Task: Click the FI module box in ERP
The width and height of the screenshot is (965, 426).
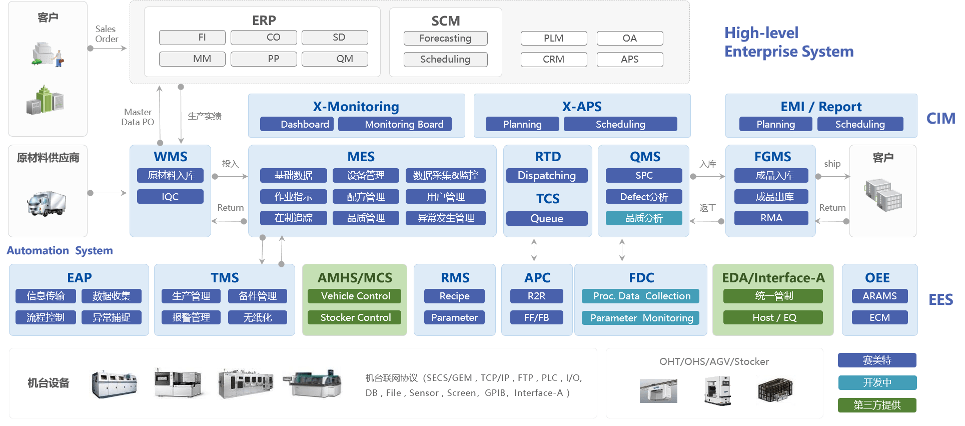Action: (x=192, y=38)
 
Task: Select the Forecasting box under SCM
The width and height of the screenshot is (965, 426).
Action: (x=445, y=39)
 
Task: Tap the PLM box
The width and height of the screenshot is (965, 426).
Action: (x=554, y=39)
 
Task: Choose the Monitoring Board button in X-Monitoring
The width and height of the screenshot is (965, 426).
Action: (x=395, y=124)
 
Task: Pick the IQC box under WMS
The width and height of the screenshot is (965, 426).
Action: (x=170, y=197)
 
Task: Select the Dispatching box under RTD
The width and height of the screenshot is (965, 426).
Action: (x=547, y=176)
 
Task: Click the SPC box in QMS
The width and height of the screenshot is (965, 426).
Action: (x=644, y=176)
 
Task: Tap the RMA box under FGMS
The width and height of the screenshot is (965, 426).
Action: (x=771, y=218)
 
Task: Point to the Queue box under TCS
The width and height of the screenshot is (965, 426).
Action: (x=547, y=219)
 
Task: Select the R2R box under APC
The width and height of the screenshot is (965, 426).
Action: (x=536, y=296)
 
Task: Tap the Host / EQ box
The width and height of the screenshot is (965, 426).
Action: (x=773, y=318)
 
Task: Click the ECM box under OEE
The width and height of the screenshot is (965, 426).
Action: (x=879, y=318)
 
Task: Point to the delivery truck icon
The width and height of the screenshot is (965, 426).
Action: (x=47, y=203)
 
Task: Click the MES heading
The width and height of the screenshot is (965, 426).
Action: (x=361, y=157)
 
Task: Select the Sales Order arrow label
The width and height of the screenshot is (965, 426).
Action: (x=106, y=34)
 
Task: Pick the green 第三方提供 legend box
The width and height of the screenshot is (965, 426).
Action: (x=877, y=405)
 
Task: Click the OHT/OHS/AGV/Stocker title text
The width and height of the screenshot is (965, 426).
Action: (x=714, y=361)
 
